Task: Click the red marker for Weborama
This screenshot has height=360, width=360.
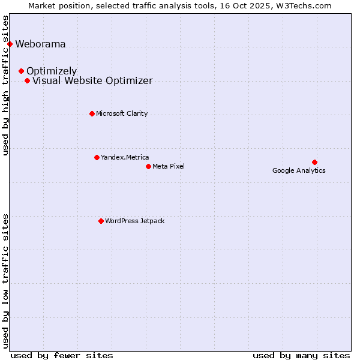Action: [10, 44]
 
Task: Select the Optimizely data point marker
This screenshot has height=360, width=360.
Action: [21, 71]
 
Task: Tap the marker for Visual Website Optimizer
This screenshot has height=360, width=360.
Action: [27, 80]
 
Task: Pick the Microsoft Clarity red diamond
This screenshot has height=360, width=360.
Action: [92, 113]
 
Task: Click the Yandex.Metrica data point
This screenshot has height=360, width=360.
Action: [97, 157]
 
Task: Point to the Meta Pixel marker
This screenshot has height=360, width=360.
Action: [148, 166]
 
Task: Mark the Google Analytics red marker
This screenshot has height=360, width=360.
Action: [314, 162]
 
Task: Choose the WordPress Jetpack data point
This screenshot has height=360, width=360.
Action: [101, 221]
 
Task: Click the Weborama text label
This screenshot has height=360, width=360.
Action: [40, 44]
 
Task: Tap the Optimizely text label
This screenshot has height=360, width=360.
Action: [52, 71]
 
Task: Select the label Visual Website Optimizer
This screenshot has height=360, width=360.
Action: [92, 80]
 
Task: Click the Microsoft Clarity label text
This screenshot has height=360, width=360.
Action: [122, 113]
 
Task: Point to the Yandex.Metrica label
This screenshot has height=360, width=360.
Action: [125, 157]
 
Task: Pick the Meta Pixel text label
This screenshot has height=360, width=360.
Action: [169, 166]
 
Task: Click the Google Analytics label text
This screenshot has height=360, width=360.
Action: [299, 170]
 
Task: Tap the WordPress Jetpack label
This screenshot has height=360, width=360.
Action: [134, 221]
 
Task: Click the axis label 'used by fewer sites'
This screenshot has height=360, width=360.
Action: [62, 355]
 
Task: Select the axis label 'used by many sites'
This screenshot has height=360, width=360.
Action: [301, 355]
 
